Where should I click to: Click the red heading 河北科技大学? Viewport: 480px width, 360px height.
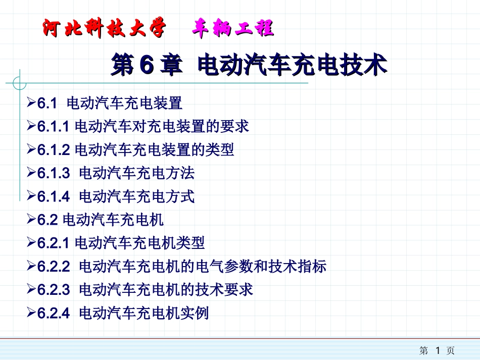103,29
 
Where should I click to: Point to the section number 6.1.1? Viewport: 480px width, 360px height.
52,127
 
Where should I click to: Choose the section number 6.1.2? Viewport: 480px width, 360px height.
52,150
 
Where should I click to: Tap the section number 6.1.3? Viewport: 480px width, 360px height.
53,174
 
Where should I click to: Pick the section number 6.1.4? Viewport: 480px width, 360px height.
53,197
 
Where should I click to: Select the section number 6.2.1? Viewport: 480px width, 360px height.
52,243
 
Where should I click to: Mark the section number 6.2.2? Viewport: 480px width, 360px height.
53,267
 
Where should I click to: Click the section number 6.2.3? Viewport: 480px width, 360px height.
53,290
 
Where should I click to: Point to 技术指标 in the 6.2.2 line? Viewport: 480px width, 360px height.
298,267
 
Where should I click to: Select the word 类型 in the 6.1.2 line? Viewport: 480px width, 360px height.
220,150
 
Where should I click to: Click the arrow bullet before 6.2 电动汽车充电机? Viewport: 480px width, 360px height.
31,220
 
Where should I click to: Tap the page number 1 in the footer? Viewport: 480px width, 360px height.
438,350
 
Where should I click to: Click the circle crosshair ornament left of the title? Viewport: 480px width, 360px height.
20,82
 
